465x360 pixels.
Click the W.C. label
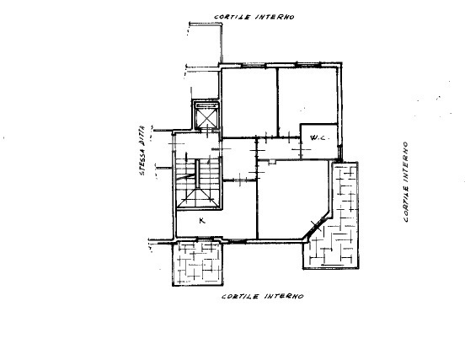(x=318, y=137)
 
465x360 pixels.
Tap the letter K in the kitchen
(x=201, y=221)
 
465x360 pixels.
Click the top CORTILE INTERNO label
(x=254, y=17)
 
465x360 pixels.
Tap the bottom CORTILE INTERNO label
(x=263, y=297)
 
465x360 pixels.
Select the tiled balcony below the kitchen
(x=197, y=266)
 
